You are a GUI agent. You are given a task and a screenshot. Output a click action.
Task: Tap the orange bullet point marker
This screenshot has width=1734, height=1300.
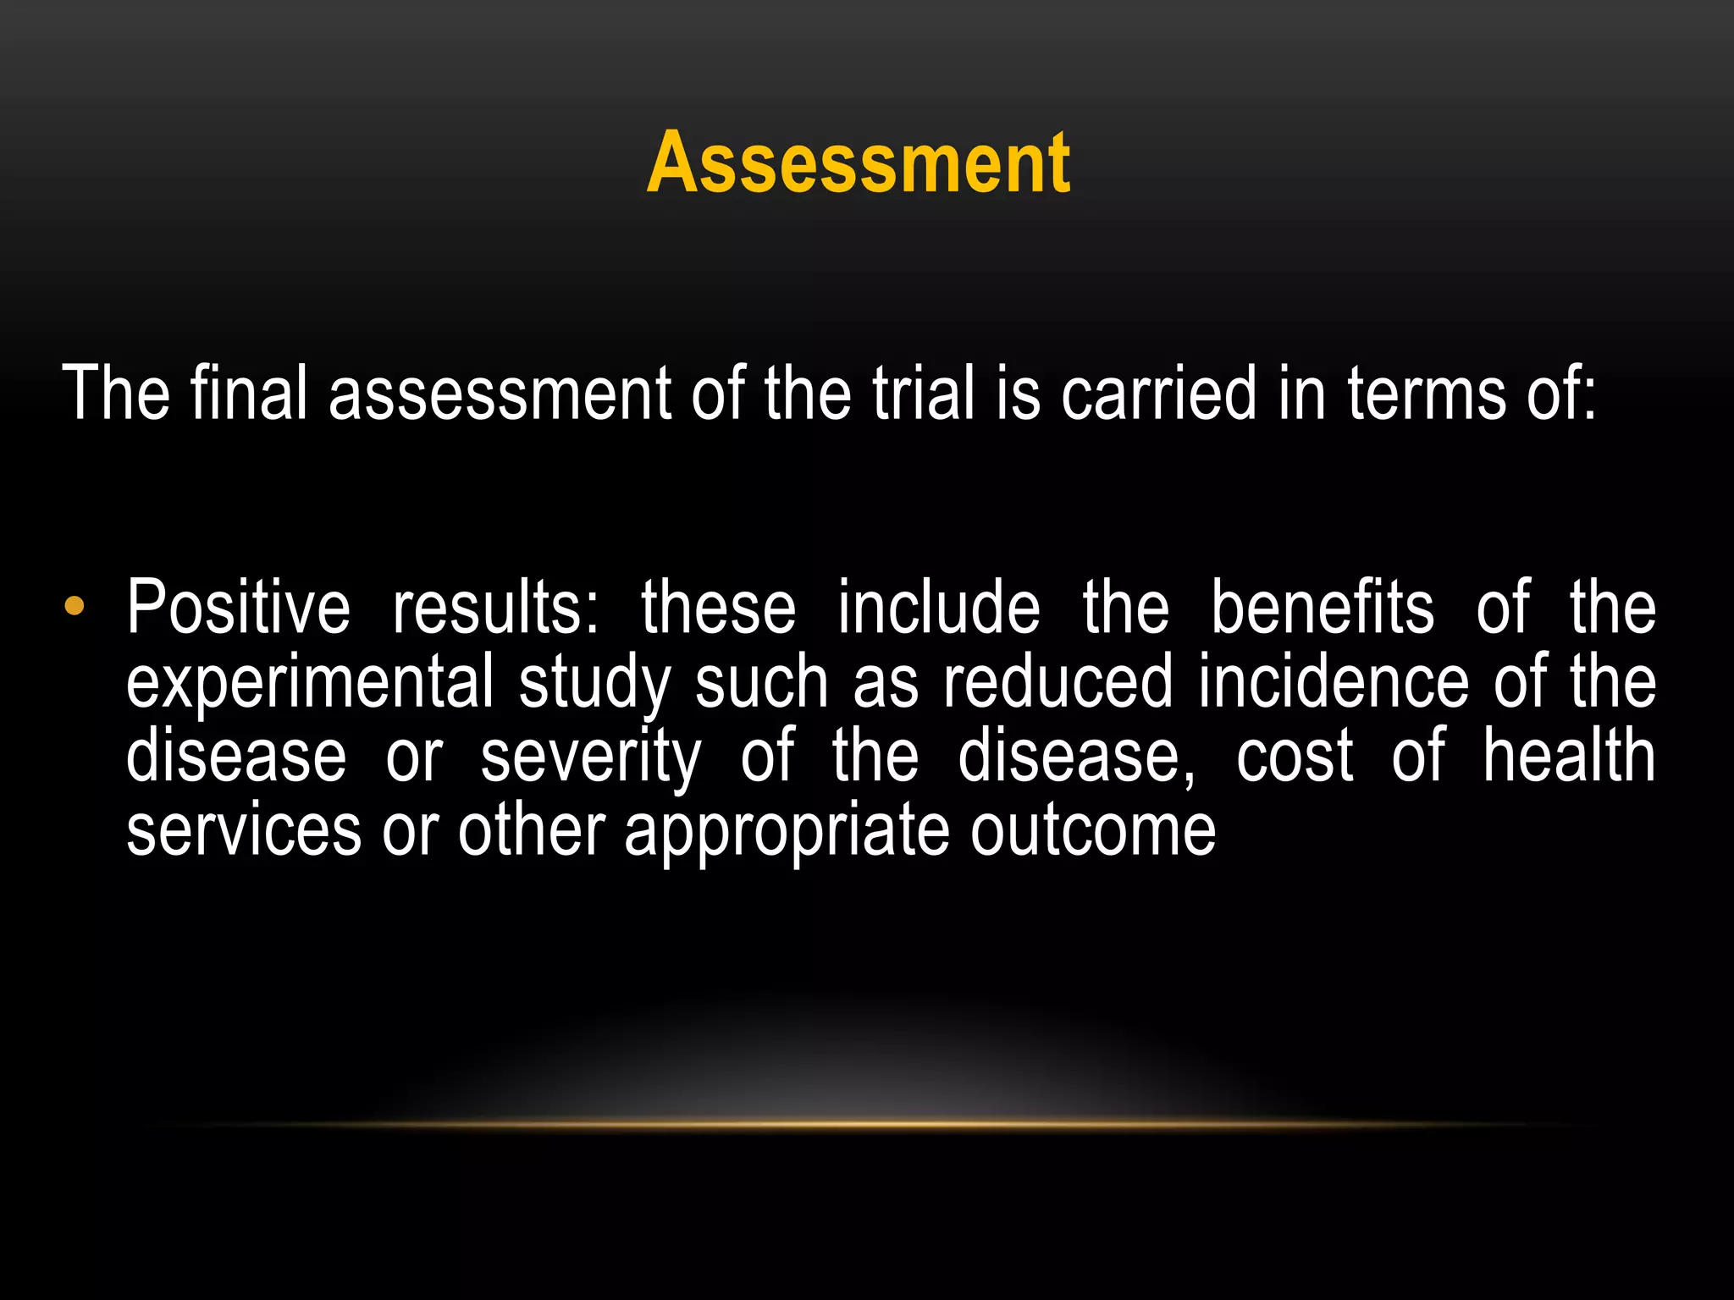click(75, 606)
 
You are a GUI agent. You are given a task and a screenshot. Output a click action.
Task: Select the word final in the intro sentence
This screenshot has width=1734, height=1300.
click(248, 393)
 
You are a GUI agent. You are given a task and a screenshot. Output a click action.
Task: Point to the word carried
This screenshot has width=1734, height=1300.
click(1159, 393)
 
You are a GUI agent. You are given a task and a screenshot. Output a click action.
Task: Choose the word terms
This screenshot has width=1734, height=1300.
click(1427, 393)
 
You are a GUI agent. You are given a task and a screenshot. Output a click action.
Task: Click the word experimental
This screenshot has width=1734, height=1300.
click(310, 682)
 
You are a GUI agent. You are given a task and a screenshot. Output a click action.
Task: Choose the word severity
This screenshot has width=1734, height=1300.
click(591, 757)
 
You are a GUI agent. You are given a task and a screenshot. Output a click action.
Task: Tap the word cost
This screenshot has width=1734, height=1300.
click(1295, 755)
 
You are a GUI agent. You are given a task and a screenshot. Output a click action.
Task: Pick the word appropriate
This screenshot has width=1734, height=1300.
click(787, 831)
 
